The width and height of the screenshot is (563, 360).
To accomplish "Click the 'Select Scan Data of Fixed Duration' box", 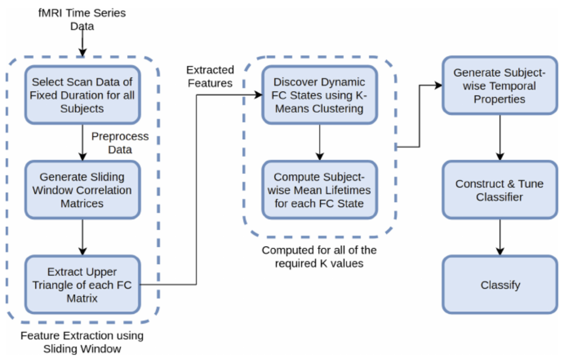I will click(x=83, y=95).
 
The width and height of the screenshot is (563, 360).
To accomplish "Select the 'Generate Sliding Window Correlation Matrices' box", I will click(x=83, y=190).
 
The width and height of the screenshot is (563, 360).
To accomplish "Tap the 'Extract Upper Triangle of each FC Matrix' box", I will click(x=83, y=285).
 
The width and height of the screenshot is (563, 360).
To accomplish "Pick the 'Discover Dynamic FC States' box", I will click(x=319, y=95).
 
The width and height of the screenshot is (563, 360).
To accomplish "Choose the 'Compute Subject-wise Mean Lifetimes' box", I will click(x=319, y=190).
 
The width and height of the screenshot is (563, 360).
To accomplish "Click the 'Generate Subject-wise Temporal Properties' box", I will click(x=499, y=86).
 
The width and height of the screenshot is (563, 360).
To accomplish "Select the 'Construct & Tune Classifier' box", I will click(x=499, y=190).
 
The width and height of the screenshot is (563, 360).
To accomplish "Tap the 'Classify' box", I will click(x=499, y=285).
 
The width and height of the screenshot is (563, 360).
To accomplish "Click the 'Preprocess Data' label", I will click(x=120, y=143).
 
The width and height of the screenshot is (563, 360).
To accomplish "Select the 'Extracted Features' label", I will click(x=210, y=76).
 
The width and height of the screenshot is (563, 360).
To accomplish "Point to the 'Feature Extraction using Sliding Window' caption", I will click(x=82, y=341).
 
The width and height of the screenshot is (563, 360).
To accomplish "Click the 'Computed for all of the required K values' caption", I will click(x=319, y=256).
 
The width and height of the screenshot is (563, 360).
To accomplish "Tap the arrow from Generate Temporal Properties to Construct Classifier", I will click(x=500, y=138).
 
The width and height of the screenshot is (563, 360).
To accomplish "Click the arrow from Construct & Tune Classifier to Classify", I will click(x=500, y=237).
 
